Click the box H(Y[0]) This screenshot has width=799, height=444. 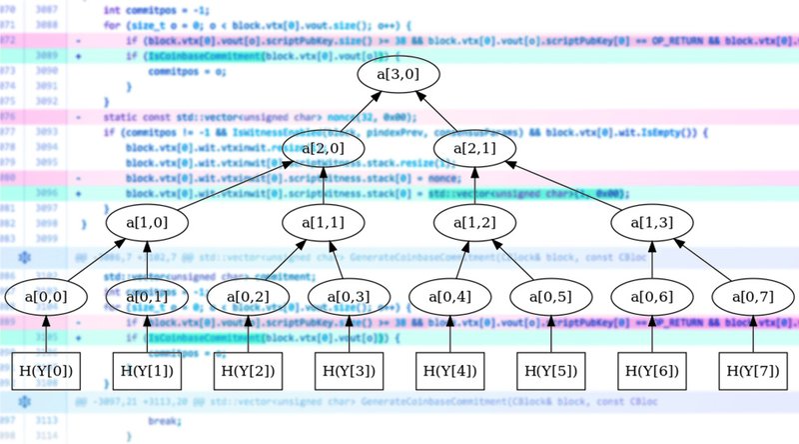click(45, 371)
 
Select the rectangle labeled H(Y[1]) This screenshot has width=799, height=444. click(146, 371)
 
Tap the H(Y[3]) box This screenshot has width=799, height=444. click(349, 371)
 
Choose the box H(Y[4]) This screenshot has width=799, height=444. click(449, 371)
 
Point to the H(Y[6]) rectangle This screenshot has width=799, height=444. click(652, 371)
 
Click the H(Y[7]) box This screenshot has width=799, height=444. click(753, 371)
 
